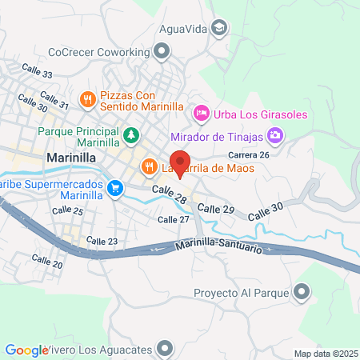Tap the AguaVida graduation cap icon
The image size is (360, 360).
(x=218, y=29)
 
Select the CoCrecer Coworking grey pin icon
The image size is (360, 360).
(x=162, y=52)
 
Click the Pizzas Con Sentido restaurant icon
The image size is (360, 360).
(x=88, y=100)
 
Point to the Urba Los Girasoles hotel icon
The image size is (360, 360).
(x=202, y=114)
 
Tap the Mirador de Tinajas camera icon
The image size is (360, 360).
(x=276, y=134)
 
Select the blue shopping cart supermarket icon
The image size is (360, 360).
(x=116, y=188)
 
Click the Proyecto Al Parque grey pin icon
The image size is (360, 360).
(x=302, y=291)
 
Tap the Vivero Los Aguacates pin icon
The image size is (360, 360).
(x=165, y=348)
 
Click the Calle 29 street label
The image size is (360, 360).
(x=216, y=208)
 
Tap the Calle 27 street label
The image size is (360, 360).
(x=174, y=219)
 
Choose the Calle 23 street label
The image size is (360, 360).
(x=102, y=241)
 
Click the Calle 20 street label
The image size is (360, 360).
(x=46, y=261)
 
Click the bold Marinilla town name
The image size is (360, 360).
(x=72, y=158)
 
